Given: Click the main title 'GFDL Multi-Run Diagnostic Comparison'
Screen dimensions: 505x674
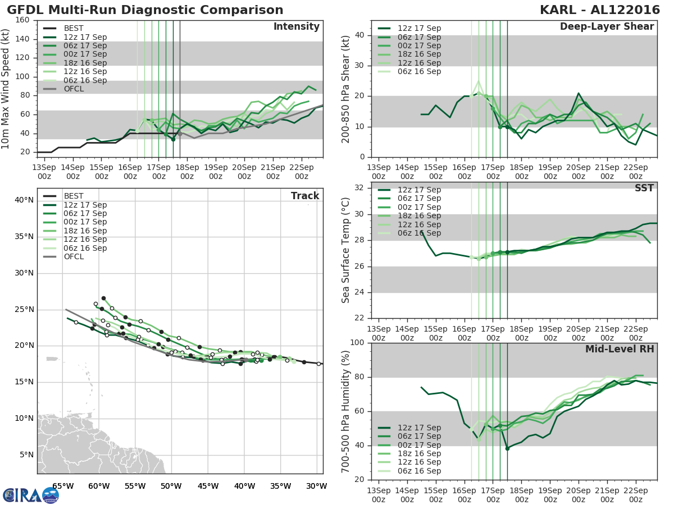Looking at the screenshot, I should point(145,10).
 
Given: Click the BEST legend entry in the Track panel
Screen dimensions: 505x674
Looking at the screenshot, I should point(74,196).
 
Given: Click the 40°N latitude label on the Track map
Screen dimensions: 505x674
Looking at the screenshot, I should point(24,200).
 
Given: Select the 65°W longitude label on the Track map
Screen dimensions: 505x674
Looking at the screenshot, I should point(62,486).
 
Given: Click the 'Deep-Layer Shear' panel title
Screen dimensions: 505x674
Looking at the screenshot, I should point(607,27).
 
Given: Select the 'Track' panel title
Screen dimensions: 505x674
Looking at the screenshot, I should point(305,196).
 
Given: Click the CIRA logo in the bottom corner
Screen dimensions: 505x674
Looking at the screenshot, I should point(30,495).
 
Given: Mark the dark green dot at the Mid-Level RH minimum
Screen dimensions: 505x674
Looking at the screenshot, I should point(507,448).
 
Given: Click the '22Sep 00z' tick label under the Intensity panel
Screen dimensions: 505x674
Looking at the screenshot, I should point(301,172).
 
